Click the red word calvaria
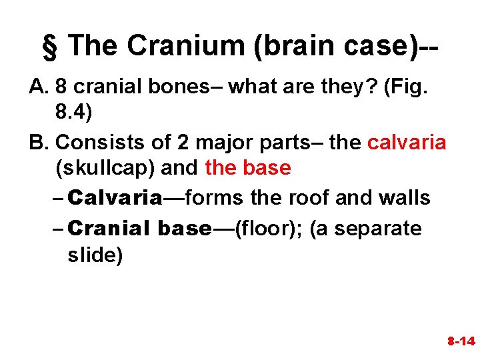coord(407,142)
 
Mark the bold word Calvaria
coord(115,198)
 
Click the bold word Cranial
coord(110,229)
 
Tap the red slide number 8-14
coord(460,341)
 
